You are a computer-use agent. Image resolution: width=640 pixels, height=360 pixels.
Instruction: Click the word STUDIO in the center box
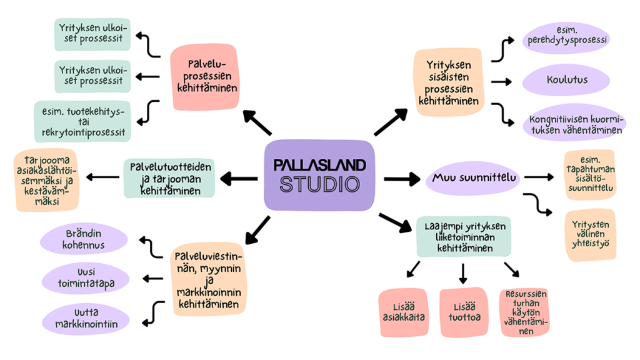(x=319, y=185)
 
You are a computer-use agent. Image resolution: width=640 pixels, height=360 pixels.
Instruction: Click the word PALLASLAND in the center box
(x=319, y=165)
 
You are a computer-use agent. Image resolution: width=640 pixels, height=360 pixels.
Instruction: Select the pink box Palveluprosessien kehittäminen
(x=207, y=77)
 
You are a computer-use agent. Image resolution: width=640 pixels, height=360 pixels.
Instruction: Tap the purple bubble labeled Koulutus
(x=567, y=81)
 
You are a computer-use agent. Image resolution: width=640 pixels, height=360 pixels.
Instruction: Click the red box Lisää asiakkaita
(x=403, y=312)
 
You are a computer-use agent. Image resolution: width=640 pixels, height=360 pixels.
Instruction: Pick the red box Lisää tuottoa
(x=462, y=312)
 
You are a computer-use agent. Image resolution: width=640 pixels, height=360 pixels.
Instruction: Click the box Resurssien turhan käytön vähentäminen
(x=524, y=312)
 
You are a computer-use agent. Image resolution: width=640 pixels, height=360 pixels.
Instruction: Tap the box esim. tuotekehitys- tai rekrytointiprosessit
(x=82, y=122)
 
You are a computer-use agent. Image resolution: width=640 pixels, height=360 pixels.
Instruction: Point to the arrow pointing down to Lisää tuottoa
(x=463, y=273)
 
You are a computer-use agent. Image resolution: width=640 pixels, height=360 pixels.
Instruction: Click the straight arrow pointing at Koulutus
(x=502, y=82)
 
